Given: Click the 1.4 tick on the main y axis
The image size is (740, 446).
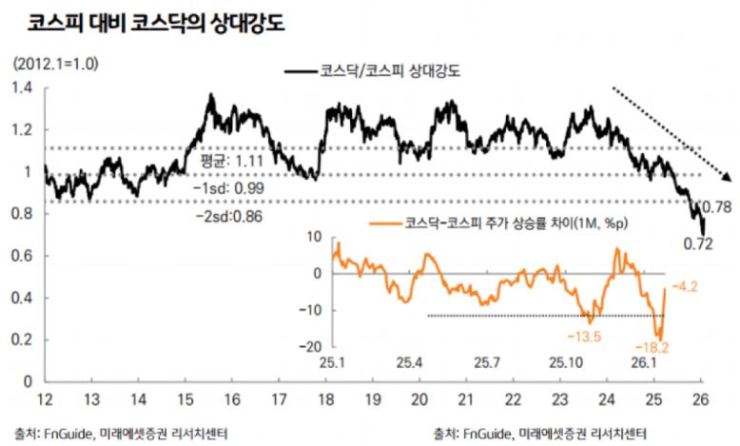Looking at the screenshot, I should pyautogui.click(x=21, y=88).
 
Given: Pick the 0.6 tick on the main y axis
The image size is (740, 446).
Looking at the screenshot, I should pyautogui.click(x=21, y=257).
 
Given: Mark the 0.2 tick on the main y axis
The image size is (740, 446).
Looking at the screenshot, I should pyautogui.click(x=21, y=340).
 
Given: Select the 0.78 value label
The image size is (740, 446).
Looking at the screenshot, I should pyautogui.click(x=715, y=206).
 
